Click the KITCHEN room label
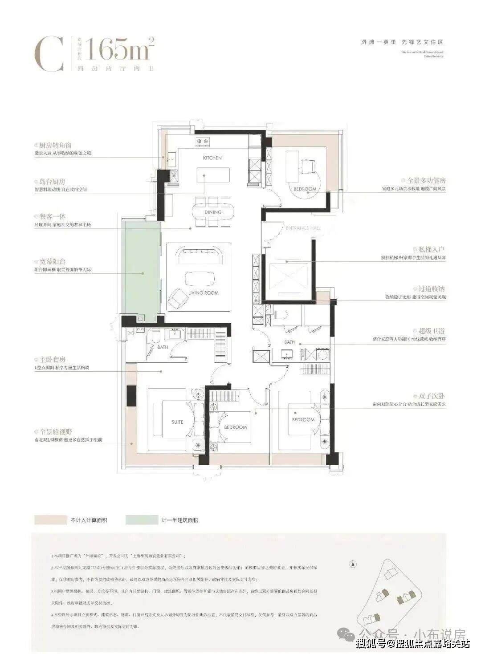pyautogui.click(x=212, y=158)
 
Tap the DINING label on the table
pyautogui.click(x=213, y=212)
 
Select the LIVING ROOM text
pyautogui.click(x=204, y=293)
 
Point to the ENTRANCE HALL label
pyautogui.click(x=303, y=228)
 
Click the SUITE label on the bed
pyautogui.click(x=177, y=422)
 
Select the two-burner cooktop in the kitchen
pyautogui.click(x=203, y=142)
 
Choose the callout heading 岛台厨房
pyautogui.click(x=52, y=182)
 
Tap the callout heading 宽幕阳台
pyautogui.click(x=52, y=262)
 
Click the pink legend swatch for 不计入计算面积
pyautogui.click(x=50, y=520)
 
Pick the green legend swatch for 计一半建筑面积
pyautogui.click(x=142, y=520)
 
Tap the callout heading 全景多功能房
pyautogui.click(x=426, y=181)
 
